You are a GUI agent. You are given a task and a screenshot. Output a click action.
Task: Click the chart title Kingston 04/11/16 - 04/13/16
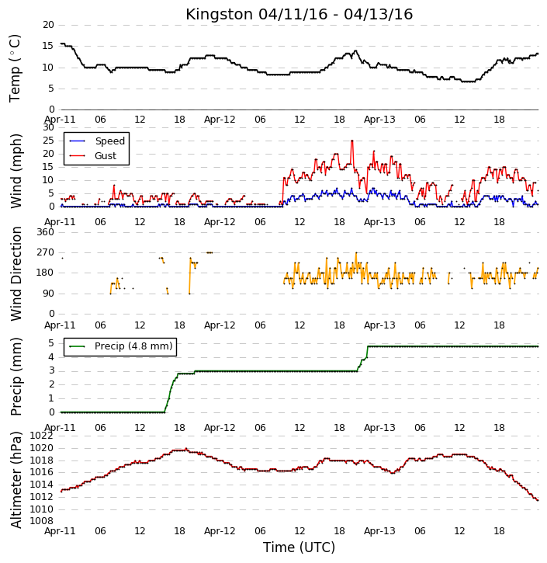click(299, 14)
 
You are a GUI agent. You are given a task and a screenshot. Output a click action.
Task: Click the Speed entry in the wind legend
click(97, 141)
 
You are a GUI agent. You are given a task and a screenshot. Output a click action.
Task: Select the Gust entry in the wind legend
click(92, 156)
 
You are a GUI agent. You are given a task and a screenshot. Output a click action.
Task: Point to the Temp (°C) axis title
click(15, 68)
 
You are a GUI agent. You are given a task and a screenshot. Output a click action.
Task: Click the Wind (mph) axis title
click(16, 172)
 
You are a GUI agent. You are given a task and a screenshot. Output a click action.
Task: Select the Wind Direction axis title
click(16, 273)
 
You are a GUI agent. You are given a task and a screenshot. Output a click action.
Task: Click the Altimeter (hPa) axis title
click(16, 480)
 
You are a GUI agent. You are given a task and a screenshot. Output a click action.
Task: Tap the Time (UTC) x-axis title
click(299, 547)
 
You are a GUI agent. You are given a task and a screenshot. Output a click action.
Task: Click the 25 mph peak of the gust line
click(352, 141)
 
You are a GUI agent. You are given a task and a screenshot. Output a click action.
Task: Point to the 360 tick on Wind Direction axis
click(45, 232)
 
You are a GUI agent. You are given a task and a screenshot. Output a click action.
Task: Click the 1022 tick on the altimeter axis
click(42, 436)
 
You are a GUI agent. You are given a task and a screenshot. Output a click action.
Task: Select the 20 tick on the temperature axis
click(48, 25)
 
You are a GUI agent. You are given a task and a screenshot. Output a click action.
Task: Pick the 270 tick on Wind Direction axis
click(45, 252)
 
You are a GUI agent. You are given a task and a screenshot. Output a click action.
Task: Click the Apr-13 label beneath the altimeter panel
click(379, 531)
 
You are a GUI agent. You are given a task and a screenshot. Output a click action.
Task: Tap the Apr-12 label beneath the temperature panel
click(220, 120)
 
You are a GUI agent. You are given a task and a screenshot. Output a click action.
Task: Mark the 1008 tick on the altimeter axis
click(42, 521)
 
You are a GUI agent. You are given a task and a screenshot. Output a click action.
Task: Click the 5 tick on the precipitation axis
click(51, 343)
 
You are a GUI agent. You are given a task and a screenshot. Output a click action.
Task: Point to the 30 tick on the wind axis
click(48, 127)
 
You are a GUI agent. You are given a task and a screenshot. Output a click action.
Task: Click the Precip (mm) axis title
click(16, 377)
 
